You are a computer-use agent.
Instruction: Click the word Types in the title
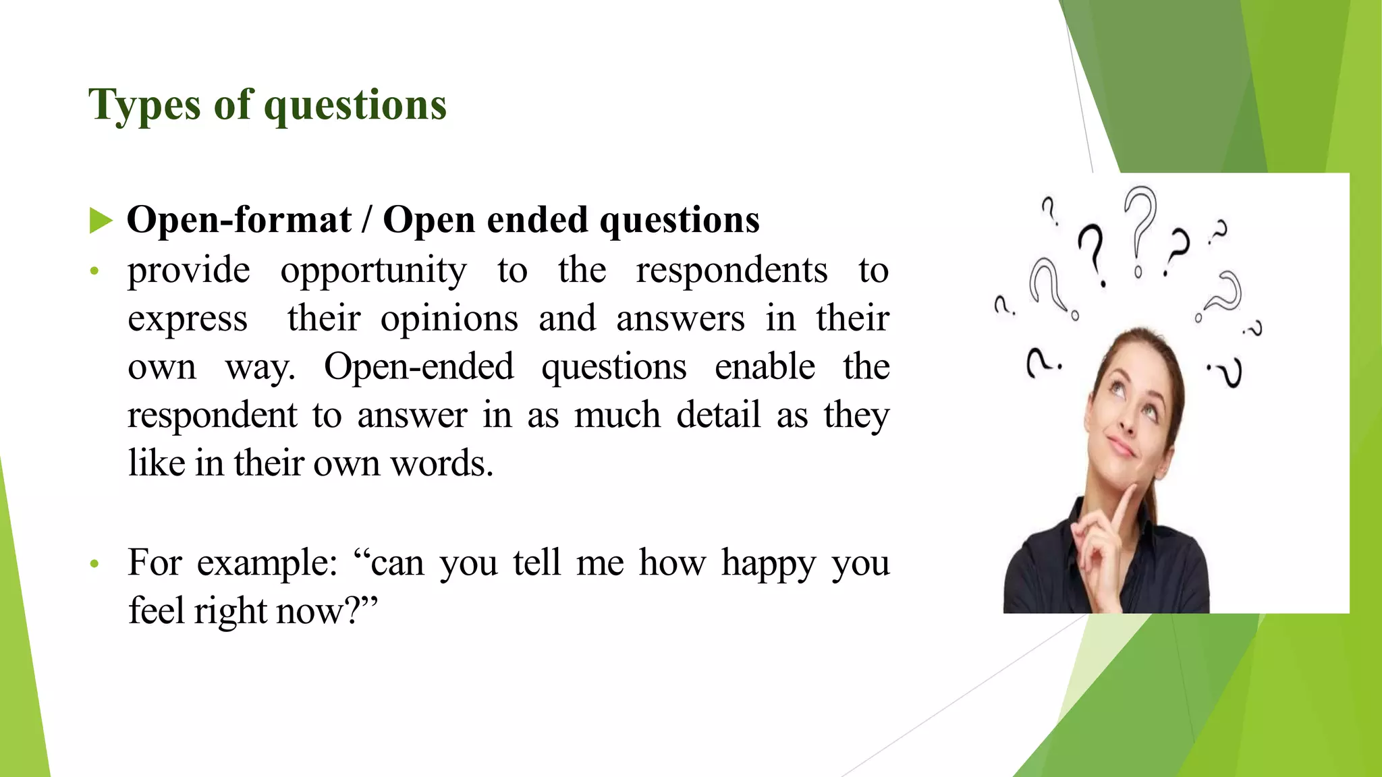[x=144, y=106]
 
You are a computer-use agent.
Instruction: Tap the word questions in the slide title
[x=355, y=106]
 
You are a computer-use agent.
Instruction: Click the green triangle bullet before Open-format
[x=101, y=221]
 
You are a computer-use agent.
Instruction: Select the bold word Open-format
[x=239, y=221]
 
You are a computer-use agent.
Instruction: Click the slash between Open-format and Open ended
[x=367, y=221]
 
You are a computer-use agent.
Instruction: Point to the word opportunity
[x=373, y=271]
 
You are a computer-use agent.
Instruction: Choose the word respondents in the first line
[x=731, y=271]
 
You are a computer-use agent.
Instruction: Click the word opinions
[x=449, y=319]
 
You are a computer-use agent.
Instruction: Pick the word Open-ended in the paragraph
[x=418, y=368]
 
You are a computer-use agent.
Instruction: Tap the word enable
[x=765, y=368]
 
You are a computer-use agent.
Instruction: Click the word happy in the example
[x=769, y=563]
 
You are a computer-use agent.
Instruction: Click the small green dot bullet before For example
[x=94, y=563]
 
